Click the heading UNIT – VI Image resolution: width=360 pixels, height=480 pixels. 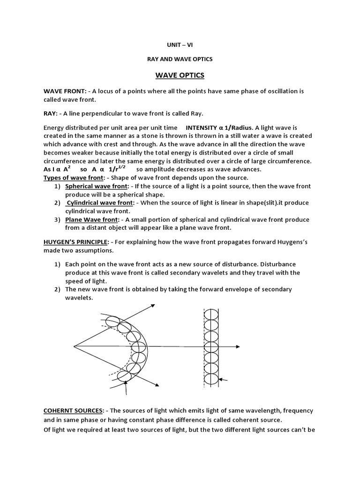180,45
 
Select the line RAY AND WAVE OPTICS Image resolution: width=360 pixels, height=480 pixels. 180,59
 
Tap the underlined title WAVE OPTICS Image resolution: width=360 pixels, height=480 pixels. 180,75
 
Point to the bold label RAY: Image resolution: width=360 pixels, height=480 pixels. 52,113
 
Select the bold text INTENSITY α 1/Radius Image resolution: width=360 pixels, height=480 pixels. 219,127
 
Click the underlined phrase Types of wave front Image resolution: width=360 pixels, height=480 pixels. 73,178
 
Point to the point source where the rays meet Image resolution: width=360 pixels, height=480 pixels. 74,347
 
